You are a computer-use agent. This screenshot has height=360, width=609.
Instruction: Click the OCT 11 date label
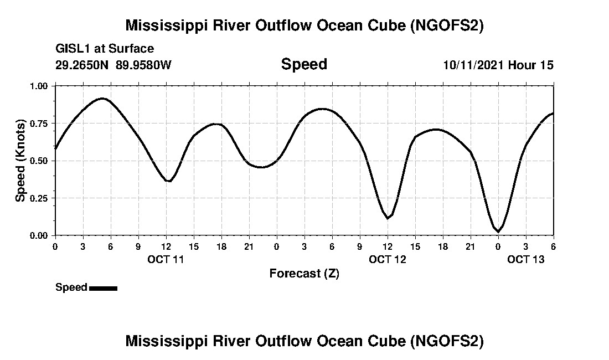166,259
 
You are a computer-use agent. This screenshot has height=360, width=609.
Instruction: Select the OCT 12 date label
387,259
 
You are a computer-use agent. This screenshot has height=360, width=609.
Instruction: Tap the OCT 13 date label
525,259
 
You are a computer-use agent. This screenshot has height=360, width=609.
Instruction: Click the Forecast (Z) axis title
304,273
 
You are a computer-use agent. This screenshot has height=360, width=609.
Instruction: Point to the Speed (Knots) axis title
20,161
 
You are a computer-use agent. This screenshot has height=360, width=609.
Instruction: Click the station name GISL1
71,49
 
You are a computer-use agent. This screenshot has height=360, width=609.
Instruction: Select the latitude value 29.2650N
82,65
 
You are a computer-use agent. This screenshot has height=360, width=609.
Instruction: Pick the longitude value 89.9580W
143,65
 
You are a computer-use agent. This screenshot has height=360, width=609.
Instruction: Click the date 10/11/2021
473,65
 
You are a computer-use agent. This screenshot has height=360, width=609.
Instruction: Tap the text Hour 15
531,65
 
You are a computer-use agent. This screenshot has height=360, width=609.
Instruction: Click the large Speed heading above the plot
304,64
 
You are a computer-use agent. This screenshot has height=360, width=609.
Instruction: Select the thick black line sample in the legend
103,288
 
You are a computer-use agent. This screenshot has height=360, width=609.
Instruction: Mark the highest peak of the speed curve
102,99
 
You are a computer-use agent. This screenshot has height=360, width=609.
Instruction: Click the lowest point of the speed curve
498,232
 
